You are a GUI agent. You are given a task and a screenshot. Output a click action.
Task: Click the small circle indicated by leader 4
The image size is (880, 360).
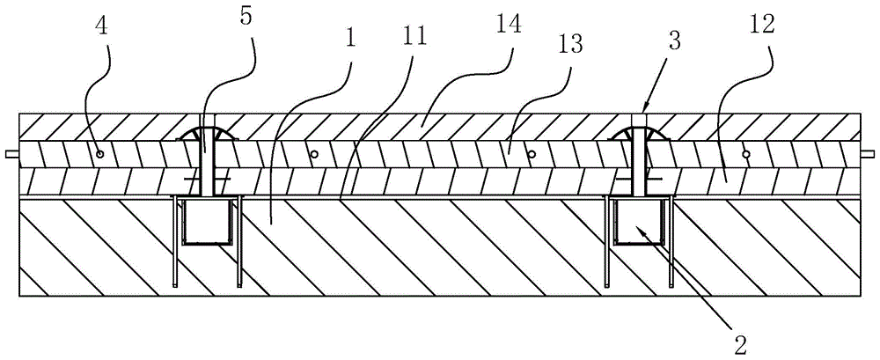coord(101,154)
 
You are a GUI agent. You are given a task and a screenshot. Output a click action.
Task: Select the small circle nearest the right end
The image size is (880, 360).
coord(745,154)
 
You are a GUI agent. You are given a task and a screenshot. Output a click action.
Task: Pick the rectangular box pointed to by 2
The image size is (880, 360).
coord(639,222)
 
